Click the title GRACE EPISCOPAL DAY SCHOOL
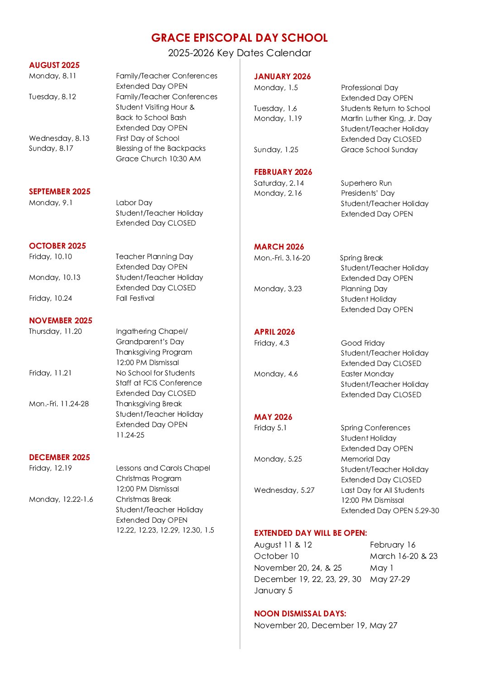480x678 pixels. click(x=239, y=38)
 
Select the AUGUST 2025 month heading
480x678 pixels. click(x=54, y=65)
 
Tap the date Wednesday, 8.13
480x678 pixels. click(x=59, y=138)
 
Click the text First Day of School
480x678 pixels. click(x=148, y=138)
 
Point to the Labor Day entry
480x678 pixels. click(x=134, y=202)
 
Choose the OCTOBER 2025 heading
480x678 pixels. click(x=58, y=246)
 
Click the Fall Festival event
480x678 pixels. click(x=135, y=298)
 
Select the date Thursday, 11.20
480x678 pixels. click(x=55, y=331)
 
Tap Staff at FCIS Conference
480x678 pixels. click(x=159, y=383)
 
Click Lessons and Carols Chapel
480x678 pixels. click(x=163, y=468)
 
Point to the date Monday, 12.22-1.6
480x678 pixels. click(x=61, y=499)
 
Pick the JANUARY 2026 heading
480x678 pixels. click(x=282, y=77)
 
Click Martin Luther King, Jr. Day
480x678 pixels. click(x=386, y=118)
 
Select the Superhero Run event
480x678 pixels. click(x=366, y=183)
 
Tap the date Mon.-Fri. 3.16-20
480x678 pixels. click(x=282, y=258)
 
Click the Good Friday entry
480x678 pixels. click(x=363, y=343)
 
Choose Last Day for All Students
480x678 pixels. click(x=383, y=490)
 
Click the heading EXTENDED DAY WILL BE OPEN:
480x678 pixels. click(x=311, y=533)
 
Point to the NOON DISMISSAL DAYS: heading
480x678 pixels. click(x=300, y=614)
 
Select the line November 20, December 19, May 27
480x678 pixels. click(x=326, y=625)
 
